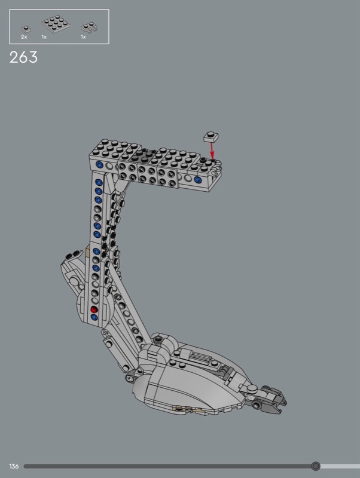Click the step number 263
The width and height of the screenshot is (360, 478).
click(x=23, y=57)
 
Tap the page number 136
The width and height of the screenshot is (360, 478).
click(x=14, y=466)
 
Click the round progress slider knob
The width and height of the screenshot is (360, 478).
click(x=316, y=466)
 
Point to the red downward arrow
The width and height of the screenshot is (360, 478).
click(x=212, y=151)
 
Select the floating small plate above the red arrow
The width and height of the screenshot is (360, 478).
click(x=211, y=137)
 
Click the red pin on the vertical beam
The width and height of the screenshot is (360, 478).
click(x=94, y=310)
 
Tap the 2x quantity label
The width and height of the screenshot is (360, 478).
click(x=24, y=37)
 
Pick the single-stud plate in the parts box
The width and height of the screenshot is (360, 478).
click(x=26, y=29)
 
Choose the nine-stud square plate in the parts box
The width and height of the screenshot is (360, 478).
click(x=56, y=23)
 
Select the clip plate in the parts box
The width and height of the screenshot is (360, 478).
click(x=89, y=27)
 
